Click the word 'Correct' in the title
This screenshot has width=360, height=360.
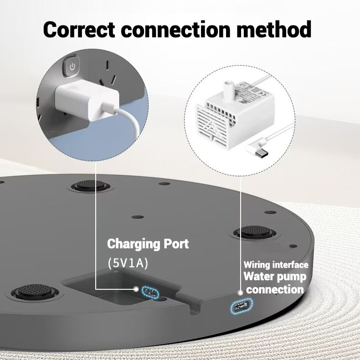click(80, 29)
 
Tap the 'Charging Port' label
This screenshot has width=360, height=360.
click(148, 244)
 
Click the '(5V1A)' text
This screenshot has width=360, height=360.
click(128, 263)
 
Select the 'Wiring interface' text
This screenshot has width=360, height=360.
click(276, 265)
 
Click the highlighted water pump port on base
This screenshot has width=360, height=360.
click(241, 306)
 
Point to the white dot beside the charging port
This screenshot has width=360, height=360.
click(136, 288)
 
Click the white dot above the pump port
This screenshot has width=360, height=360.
click(240, 293)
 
